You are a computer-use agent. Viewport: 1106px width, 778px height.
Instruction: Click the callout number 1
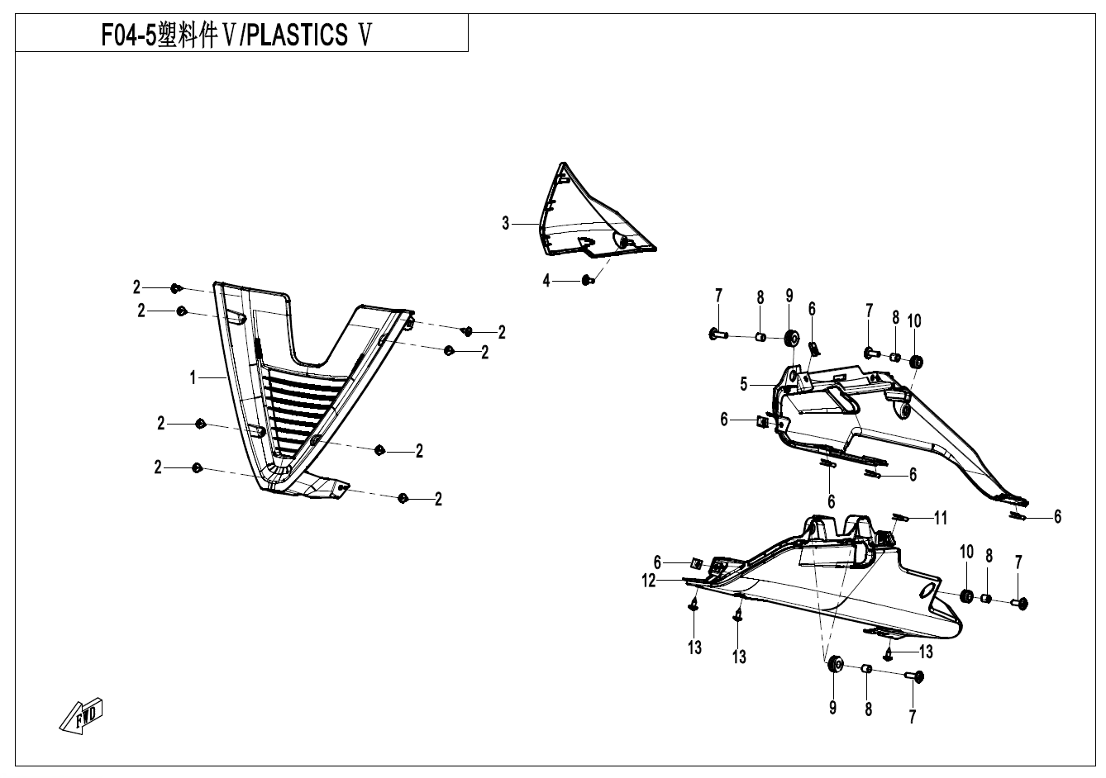(193, 377)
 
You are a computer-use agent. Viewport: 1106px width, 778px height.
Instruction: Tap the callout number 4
(546, 282)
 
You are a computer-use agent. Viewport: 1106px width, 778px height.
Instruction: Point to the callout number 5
(744, 384)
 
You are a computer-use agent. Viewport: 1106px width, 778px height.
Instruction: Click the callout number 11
(941, 519)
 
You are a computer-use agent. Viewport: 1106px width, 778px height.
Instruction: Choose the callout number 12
(650, 581)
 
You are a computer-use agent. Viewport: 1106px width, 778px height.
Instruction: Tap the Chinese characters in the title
(197, 36)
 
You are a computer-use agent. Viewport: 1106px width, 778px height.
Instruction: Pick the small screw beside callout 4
(587, 281)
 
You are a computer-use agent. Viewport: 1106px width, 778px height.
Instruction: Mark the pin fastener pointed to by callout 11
(900, 518)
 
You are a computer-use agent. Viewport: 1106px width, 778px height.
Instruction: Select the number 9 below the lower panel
(833, 707)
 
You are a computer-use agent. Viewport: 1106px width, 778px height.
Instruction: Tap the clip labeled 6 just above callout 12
(697, 563)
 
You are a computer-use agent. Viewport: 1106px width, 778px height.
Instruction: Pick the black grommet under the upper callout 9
(790, 337)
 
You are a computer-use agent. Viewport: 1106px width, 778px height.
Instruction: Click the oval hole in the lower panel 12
(930, 587)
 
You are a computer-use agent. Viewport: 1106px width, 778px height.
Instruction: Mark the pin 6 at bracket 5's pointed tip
(1018, 516)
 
